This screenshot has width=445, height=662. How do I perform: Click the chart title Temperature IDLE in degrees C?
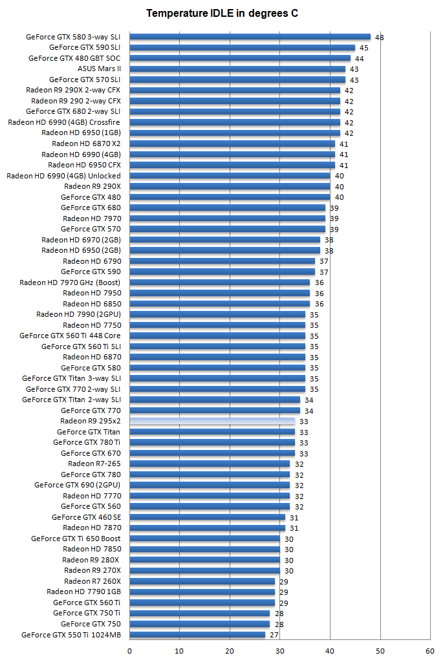222,13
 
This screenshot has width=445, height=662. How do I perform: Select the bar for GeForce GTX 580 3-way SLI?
250,37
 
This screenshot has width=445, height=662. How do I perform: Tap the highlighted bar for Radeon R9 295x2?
212,421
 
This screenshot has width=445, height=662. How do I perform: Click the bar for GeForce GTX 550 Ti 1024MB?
197,634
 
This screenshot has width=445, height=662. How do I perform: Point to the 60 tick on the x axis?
430,650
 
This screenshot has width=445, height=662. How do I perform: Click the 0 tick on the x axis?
129,650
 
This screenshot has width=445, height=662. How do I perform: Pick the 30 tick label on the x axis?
280,650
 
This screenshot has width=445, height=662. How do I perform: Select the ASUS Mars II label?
99,69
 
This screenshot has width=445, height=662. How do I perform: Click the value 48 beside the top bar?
379,37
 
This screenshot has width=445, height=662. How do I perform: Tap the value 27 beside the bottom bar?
274,635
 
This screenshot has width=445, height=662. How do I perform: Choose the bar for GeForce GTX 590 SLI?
242,47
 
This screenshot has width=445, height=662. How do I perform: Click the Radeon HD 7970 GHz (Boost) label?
70,283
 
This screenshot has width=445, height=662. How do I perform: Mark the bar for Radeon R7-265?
210,464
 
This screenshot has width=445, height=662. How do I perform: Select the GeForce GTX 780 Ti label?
87,442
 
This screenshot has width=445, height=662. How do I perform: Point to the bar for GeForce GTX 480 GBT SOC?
239,58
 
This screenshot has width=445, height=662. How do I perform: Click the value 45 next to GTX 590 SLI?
364,48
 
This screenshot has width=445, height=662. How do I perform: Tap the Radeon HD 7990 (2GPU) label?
78,314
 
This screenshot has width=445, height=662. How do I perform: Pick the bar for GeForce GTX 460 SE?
207,517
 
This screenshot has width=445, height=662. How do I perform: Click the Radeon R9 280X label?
91,560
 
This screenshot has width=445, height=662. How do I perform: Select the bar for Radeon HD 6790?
222,261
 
